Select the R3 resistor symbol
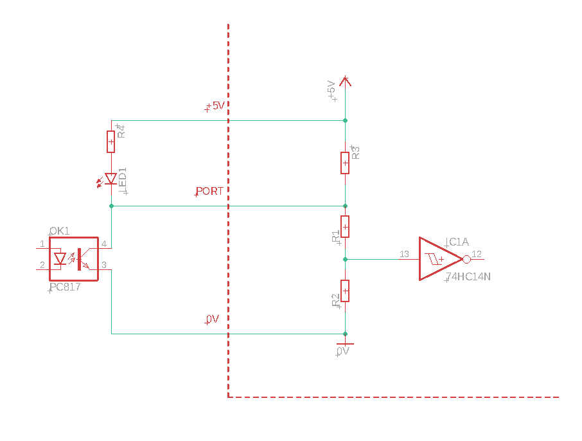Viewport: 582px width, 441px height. tap(345, 163)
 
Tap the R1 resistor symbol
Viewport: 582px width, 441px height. tap(345, 226)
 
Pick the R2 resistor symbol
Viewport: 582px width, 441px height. tap(345, 291)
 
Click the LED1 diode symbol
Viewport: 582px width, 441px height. tap(110, 179)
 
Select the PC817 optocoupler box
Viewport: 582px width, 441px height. tap(73, 258)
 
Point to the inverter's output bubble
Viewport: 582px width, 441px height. tap(466, 259)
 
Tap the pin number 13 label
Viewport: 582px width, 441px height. tap(404, 254)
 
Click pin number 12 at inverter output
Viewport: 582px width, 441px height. tap(477, 254)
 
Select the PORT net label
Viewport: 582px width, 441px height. tap(210, 191)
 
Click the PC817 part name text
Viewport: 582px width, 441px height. tap(66, 287)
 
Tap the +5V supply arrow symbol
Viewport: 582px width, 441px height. tap(345, 80)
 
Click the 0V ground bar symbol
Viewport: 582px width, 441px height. tap(345, 344)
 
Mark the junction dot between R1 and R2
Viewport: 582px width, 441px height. tap(345, 259)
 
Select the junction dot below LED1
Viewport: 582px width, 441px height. tap(111, 206)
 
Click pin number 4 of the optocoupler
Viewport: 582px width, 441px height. tap(103, 244)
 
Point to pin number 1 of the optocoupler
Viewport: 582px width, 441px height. tap(42, 244)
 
